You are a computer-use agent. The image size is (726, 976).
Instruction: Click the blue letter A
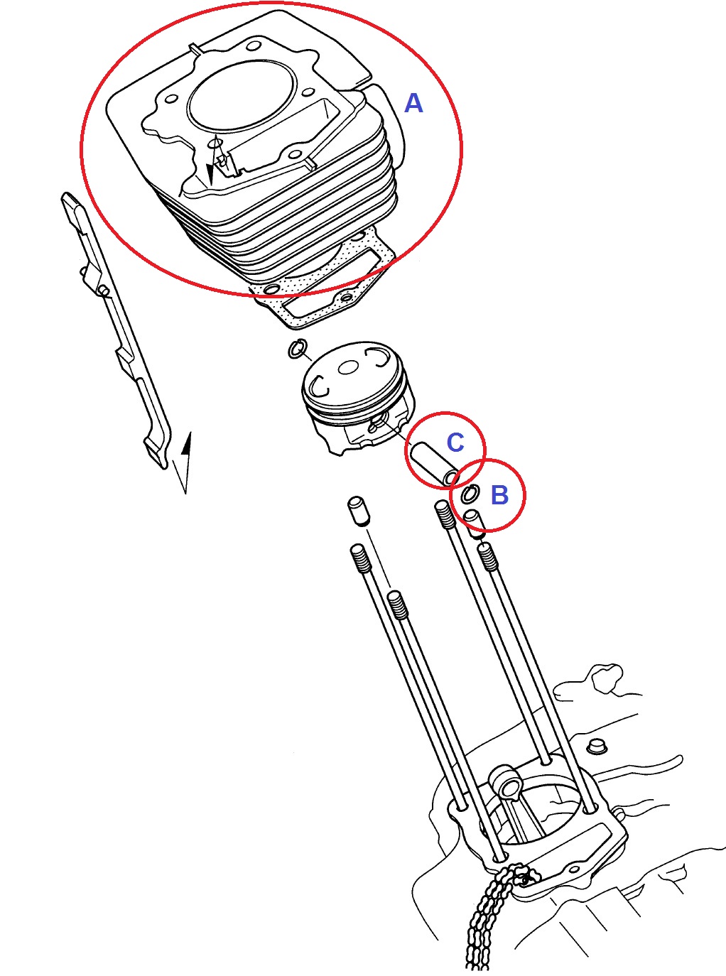(413, 104)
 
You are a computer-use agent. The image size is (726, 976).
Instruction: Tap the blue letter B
(499, 494)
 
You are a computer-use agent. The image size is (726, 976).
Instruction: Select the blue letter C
(455, 442)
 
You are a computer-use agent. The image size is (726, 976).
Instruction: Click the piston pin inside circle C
(435, 465)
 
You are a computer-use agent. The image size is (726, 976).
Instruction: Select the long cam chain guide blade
(115, 330)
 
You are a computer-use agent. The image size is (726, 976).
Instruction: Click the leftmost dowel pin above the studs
(358, 511)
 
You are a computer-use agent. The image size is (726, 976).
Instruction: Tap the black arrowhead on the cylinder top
(210, 173)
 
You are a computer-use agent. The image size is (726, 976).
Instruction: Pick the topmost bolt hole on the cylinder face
(253, 46)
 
